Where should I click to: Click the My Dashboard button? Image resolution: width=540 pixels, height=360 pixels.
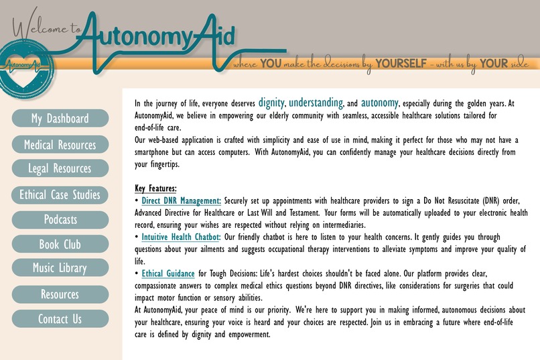[x=60, y=119]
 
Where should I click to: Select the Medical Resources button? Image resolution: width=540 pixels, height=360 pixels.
[x=60, y=145]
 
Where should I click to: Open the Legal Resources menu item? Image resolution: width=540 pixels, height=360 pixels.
[x=60, y=168]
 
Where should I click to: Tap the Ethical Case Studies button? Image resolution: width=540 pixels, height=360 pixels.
[x=60, y=195]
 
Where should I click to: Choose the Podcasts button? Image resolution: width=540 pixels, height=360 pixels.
[x=60, y=219]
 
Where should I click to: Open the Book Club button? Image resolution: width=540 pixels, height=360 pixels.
[x=60, y=245]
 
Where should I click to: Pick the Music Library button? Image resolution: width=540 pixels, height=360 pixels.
[x=60, y=268]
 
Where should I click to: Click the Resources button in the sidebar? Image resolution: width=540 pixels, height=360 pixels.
[x=60, y=294]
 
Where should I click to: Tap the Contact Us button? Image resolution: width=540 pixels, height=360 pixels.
[x=60, y=319]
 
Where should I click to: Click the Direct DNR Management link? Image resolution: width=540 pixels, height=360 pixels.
[x=181, y=200]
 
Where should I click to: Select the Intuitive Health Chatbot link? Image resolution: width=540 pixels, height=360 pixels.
[x=181, y=237]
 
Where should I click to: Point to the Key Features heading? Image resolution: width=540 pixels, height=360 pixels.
[x=155, y=188]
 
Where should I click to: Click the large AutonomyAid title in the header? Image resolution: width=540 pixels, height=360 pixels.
[x=161, y=36]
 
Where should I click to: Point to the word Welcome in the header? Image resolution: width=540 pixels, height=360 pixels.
[x=39, y=28]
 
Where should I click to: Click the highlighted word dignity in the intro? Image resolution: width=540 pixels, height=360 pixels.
[x=271, y=103]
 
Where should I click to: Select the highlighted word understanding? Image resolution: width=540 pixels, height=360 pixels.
[x=316, y=103]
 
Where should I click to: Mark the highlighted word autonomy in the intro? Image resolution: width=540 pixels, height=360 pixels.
[x=379, y=103]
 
